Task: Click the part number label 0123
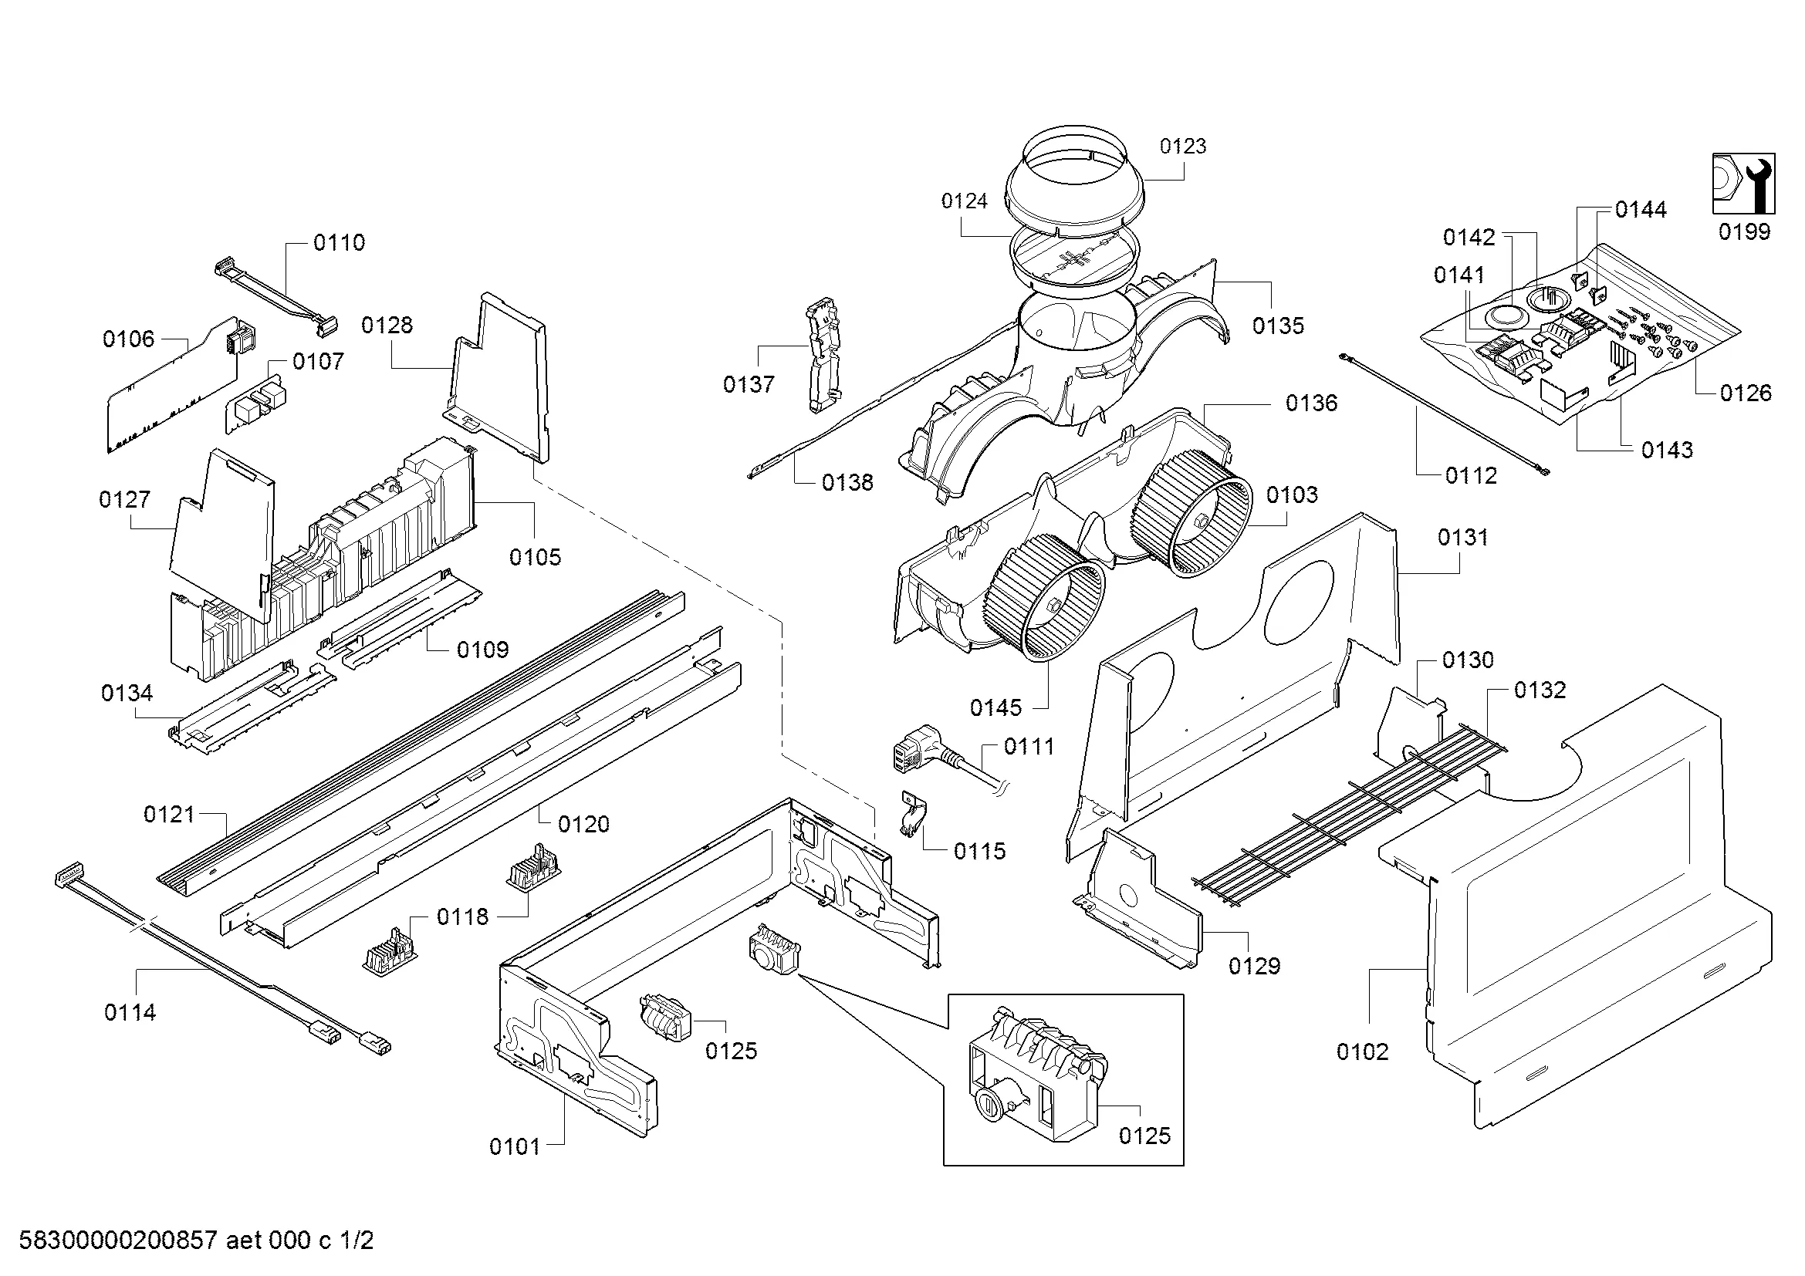point(1182,146)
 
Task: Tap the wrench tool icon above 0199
point(1744,182)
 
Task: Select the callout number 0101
point(514,1147)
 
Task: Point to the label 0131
point(1462,538)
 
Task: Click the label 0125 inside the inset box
point(1144,1136)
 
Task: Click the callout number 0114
point(130,1013)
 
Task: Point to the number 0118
point(462,916)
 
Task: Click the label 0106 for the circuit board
point(128,339)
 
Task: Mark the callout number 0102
point(1362,1052)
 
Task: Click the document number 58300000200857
point(117,1241)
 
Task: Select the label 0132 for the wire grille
point(1540,690)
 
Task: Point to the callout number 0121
point(168,814)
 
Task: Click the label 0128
point(387,326)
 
